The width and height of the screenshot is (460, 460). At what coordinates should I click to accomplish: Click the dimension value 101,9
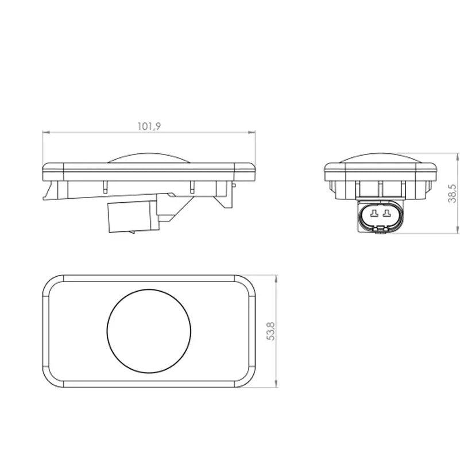point(149,126)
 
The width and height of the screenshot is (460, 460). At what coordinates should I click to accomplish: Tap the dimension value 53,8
point(272,331)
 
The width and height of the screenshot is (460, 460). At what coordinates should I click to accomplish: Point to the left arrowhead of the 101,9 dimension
point(47,132)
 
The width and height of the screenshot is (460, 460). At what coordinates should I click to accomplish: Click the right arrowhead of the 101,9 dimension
point(252,132)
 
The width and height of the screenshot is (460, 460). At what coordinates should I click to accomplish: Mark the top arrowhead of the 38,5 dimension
point(458,156)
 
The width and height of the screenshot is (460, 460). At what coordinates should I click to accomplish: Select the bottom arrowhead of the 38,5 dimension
point(458,230)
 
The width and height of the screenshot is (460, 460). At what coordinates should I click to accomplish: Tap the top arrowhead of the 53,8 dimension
point(276,279)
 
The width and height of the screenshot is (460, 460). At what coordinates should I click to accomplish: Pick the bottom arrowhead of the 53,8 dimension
point(276,384)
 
